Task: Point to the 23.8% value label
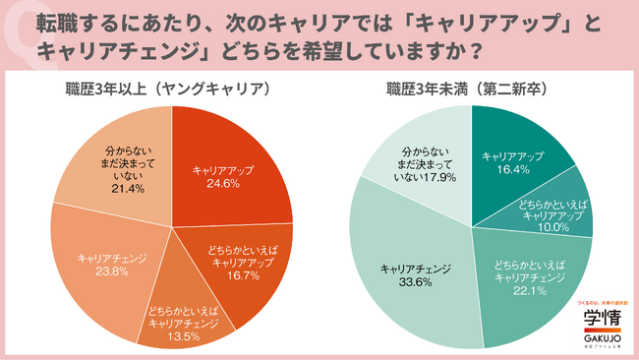(111, 270)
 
